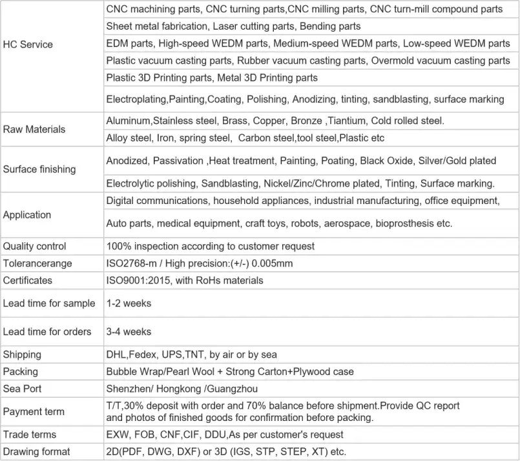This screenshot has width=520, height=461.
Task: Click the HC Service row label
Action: coord(28,45)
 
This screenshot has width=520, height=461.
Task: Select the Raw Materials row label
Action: coord(34,129)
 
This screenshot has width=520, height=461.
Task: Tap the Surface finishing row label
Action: coord(39,169)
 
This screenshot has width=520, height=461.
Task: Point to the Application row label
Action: coord(27,215)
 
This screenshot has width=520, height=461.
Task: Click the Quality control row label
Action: coord(35,246)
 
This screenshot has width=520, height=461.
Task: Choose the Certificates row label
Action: coord(28,280)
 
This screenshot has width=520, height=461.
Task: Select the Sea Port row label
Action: coord(23,389)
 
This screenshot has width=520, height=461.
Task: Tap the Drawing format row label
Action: coord(37,451)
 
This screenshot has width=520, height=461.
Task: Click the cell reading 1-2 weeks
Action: coord(129,303)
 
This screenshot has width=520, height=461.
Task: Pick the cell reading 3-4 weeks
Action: coord(129,332)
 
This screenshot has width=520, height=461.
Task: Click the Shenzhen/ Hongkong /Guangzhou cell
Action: coord(181,389)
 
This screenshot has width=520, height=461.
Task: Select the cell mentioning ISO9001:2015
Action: coord(185,280)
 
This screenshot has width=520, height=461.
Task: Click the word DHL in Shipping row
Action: coord(116,354)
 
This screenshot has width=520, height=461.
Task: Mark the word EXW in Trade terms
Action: coord(117,435)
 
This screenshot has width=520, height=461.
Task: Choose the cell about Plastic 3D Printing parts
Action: coord(212,78)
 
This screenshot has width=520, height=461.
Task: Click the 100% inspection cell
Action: coord(210,246)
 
